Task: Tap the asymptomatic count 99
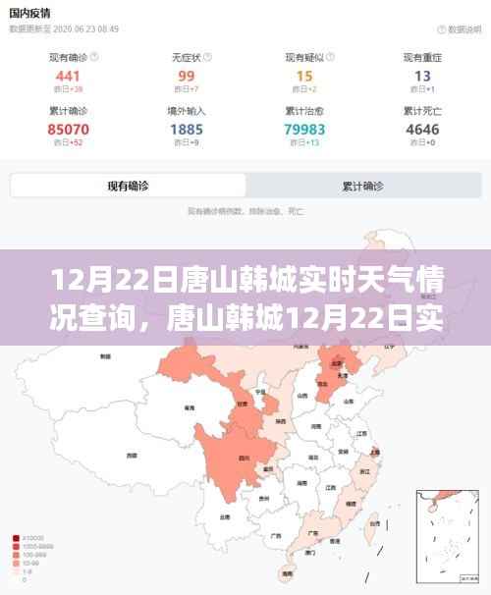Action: (x=187, y=76)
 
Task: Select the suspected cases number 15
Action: (x=304, y=76)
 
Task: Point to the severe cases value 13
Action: (x=422, y=76)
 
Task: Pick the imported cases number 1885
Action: (x=187, y=129)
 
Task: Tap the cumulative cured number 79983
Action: (x=304, y=129)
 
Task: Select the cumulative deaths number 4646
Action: (x=422, y=129)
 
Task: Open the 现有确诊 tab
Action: (x=128, y=186)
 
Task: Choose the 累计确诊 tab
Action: (x=362, y=186)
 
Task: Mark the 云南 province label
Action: (x=226, y=515)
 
